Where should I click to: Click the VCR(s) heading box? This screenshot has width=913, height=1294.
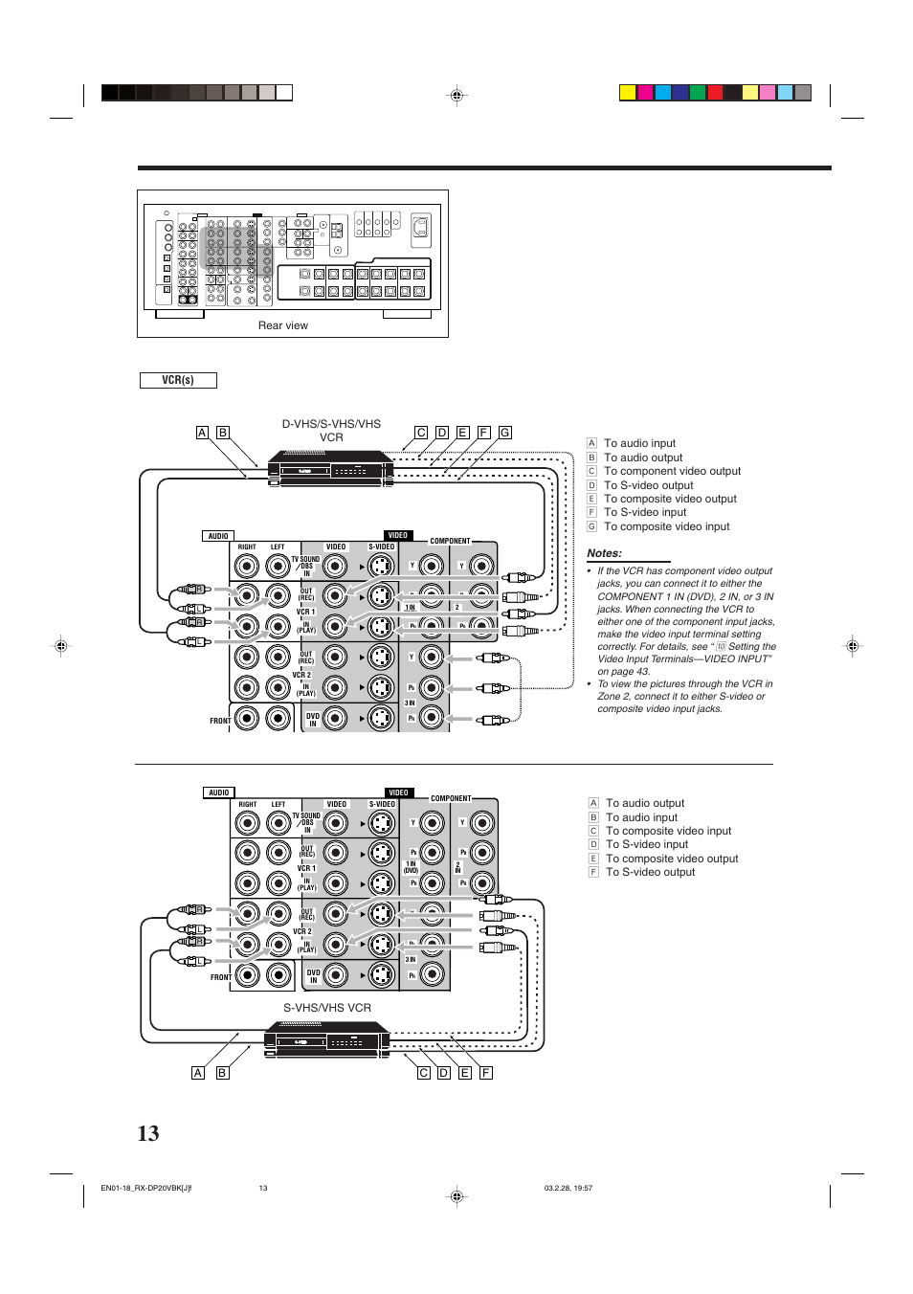click(178, 380)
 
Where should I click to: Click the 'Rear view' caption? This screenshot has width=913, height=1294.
click(282, 325)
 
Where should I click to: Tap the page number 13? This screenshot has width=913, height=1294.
click(148, 1133)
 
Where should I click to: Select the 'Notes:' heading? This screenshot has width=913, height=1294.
click(604, 553)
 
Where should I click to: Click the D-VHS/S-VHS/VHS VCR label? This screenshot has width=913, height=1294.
click(331, 431)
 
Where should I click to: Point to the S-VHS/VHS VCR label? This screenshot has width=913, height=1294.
click(326, 1008)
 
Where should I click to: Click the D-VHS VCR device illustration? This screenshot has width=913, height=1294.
click(330, 468)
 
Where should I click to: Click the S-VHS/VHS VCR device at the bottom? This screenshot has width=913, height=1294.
click(326, 1038)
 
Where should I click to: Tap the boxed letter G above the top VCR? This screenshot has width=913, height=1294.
click(504, 433)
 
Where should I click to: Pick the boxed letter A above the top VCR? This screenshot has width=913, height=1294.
click(202, 433)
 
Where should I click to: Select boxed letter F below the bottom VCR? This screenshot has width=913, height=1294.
click(486, 1073)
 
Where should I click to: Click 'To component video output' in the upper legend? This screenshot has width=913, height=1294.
click(672, 471)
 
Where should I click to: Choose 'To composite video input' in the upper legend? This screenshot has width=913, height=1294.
click(666, 526)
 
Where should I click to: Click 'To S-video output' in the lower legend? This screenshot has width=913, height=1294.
click(650, 872)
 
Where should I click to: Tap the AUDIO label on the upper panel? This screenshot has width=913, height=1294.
click(218, 536)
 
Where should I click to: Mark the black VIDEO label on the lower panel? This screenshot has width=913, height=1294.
click(398, 792)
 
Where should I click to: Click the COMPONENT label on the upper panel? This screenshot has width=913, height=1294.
click(450, 541)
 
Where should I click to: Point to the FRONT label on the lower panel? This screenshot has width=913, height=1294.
click(220, 977)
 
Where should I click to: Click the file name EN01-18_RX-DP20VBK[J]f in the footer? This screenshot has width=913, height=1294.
click(145, 1189)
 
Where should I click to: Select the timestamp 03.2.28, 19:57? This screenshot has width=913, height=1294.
click(568, 1189)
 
